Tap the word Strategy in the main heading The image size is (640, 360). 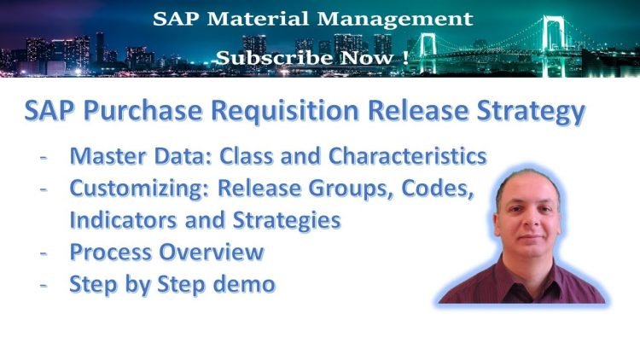point(536,113)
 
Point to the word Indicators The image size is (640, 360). point(120,220)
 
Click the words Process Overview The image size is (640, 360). point(166,252)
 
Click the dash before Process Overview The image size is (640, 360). point(44,253)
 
